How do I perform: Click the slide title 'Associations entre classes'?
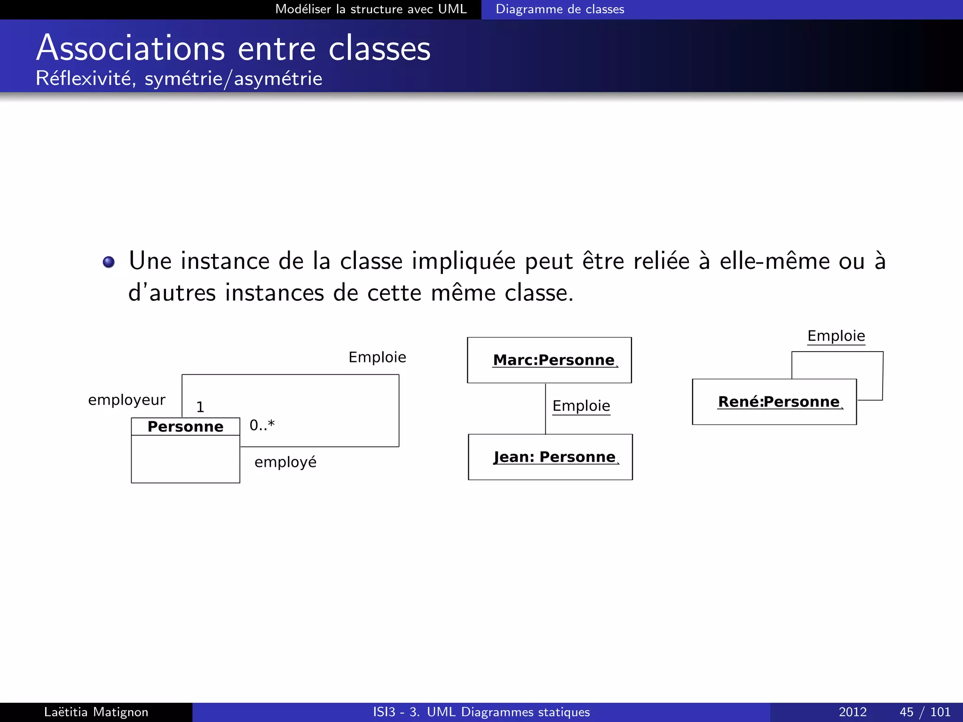click(x=233, y=48)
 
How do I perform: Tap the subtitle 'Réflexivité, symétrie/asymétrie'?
click(x=179, y=78)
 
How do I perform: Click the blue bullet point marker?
click(x=109, y=262)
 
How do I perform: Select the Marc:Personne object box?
click(x=549, y=360)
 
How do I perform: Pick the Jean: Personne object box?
click(x=550, y=457)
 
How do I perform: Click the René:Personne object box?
click(x=774, y=402)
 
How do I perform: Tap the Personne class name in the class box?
click(x=185, y=426)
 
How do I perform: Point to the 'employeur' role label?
click(x=126, y=400)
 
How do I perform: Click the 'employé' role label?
click(x=285, y=462)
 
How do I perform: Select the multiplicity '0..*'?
click(x=262, y=425)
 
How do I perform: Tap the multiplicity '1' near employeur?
click(x=200, y=407)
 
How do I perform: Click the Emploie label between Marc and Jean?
click(x=581, y=406)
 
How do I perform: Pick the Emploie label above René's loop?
click(x=836, y=336)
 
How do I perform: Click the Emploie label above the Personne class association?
click(x=377, y=357)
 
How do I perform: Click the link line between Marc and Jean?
click(x=545, y=408)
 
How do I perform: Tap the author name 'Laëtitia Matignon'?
click(x=96, y=712)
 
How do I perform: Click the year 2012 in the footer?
click(x=852, y=712)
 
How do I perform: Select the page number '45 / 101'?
click(x=924, y=712)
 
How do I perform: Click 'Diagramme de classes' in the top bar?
click(x=560, y=9)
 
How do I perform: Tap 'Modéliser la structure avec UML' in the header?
click(x=371, y=9)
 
